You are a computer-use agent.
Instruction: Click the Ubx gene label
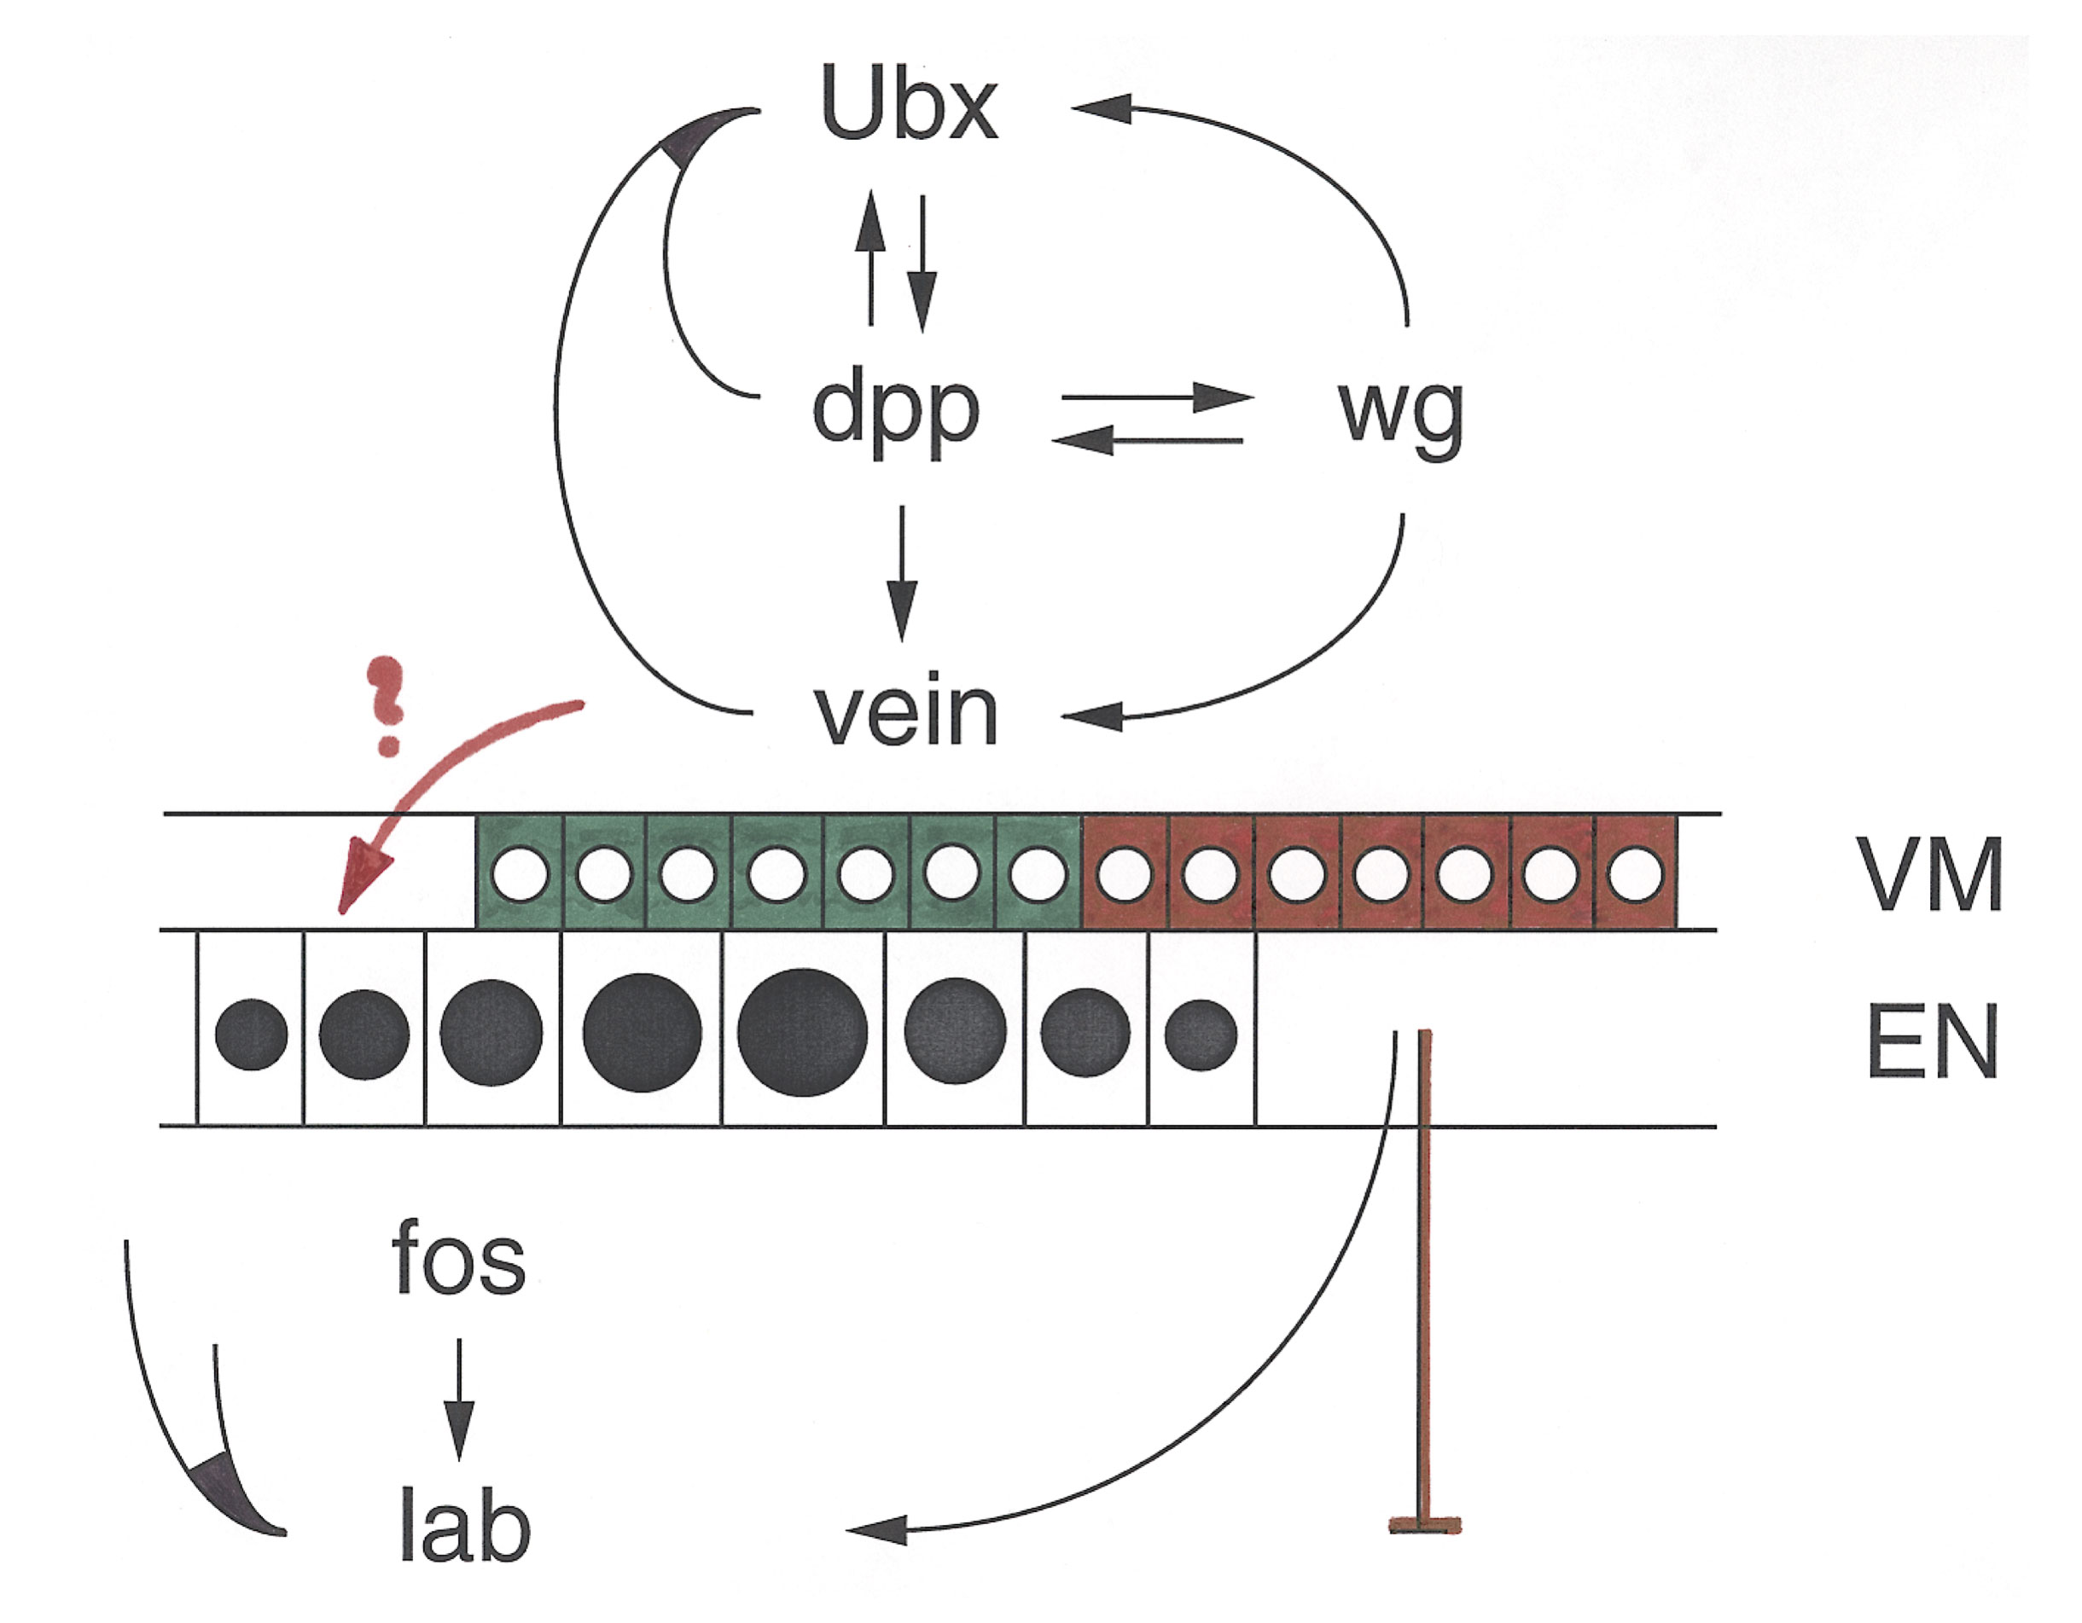pos(909,105)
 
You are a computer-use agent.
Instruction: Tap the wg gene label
pos(1400,414)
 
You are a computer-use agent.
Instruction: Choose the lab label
pos(463,1528)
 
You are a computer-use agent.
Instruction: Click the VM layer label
pos(1931,875)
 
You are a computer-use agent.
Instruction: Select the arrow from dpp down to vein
pos(901,571)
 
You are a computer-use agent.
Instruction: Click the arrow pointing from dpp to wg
pos(1157,397)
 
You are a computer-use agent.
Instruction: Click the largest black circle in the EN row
pos(802,1032)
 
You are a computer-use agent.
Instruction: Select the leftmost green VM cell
pos(520,872)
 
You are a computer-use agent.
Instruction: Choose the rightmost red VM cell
pos(1635,872)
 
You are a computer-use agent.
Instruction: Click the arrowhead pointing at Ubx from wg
pos(1101,107)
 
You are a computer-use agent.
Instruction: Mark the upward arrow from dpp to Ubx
pos(869,258)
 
